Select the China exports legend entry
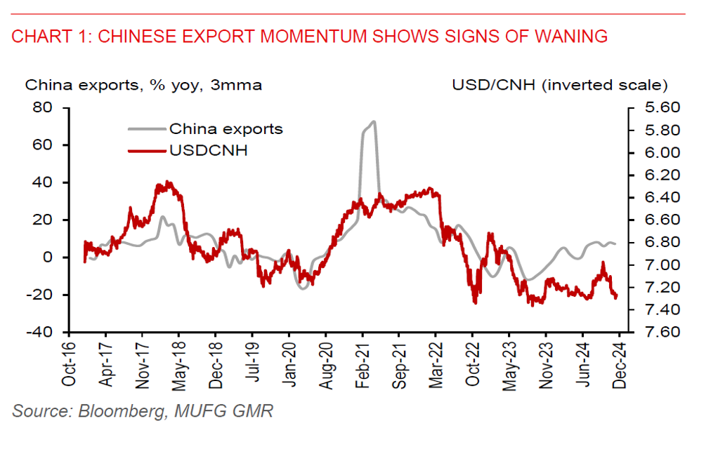pyautogui.click(x=225, y=129)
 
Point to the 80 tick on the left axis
pyautogui.click(x=44, y=108)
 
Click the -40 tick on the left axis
pyautogui.click(x=41, y=332)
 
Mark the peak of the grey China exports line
pyautogui.click(x=373, y=121)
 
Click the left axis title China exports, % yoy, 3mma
pyautogui.click(x=144, y=86)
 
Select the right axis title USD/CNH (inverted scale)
pyautogui.click(x=559, y=86)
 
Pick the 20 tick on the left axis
pyautogui.click(x=44, y=220)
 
